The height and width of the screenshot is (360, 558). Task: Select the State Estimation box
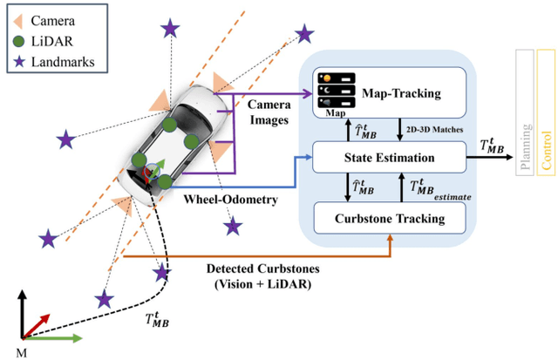pyautogui.click(x=389, y=157)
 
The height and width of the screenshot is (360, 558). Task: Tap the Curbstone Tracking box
pyautogui.click(x=389, y=218)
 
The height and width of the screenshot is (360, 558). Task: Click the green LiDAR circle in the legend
pyautogui.click(x=17, y=38)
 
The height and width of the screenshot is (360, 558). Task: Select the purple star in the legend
pyautogui.click(x=17, y=61)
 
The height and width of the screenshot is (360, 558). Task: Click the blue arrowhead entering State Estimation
pyautogui.click(x=308, y=158)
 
